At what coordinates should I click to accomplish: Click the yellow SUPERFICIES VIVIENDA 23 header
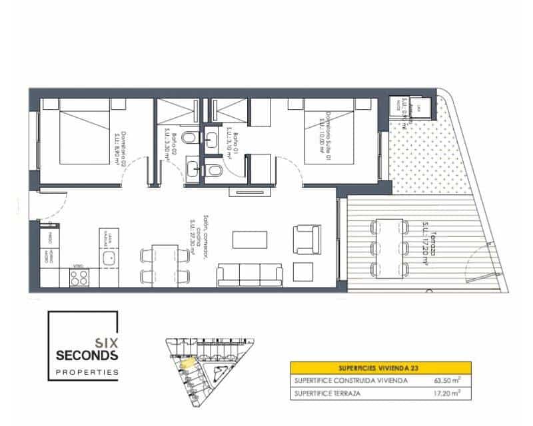pyautogui.click(x=380, y=367)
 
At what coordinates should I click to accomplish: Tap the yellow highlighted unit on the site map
pyautogui.click(x=189, y=363)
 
